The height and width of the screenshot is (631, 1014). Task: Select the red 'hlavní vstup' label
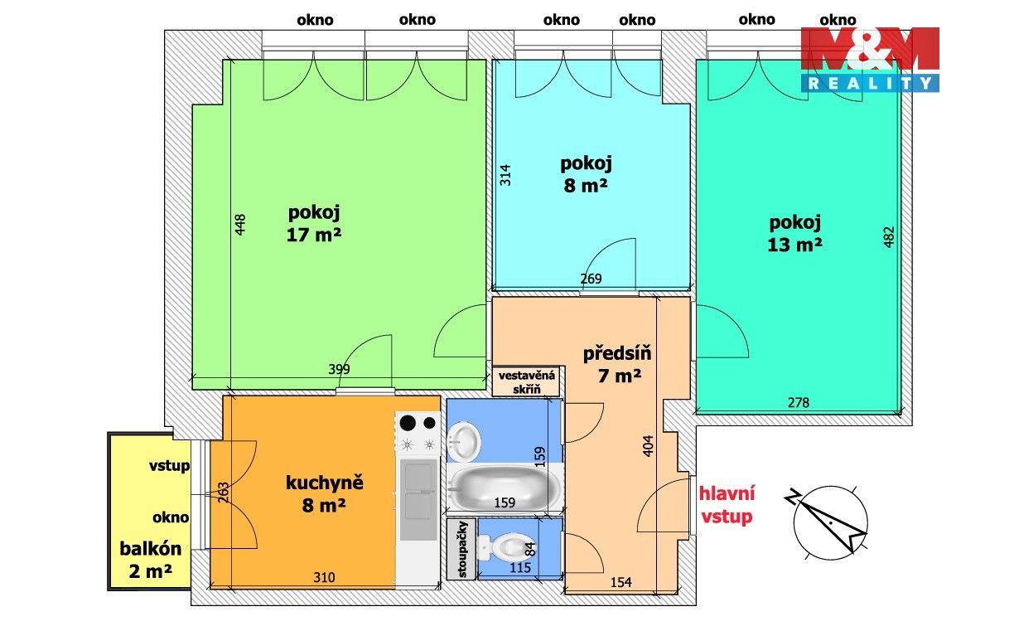coord(727,506)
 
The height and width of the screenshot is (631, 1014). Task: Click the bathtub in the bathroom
coord(504,488)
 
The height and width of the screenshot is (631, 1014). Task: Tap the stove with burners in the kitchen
coord(418,434)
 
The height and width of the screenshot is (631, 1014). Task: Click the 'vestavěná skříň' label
coord(528,381)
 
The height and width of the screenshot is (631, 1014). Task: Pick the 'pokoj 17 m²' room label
coord(315,223)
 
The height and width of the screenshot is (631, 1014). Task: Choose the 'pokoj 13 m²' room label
coord(795,233)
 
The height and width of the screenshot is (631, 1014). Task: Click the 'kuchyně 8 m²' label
coord(315,493)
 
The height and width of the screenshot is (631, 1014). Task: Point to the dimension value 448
coord(240,226)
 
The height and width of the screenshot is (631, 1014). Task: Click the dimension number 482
coord(890,238)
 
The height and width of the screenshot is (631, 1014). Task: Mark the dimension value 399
coord(339,370)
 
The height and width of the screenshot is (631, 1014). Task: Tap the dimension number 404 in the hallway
coord(649,449)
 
